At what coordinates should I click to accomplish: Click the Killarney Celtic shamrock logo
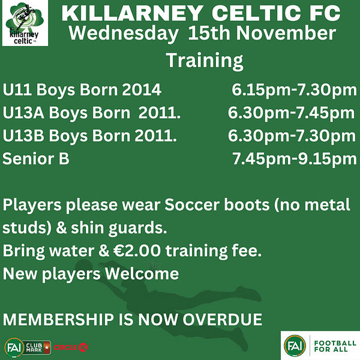(25, 23)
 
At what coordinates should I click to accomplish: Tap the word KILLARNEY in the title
(133, 13)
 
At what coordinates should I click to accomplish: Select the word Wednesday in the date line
(124, 34)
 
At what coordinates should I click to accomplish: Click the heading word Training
(205, 61)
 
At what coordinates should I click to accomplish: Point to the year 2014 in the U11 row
(142, 89)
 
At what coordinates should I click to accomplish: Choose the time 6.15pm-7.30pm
(294, 90)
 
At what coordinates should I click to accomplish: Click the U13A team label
(23, 113)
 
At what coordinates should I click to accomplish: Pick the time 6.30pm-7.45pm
(291, 113)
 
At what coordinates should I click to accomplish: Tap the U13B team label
(23, 136)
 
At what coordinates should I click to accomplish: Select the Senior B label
(36, 158)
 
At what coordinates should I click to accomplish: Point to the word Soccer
(192, 205)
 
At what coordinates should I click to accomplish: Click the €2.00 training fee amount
(137, 250)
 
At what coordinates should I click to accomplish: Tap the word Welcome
(142, 274)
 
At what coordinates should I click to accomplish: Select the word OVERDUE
(222, 319)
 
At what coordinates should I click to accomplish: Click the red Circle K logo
(71, 347)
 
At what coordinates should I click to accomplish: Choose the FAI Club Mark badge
(28, 347)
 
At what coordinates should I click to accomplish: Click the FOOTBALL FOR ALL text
(335, 346)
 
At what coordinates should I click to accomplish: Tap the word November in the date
(286, 33)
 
